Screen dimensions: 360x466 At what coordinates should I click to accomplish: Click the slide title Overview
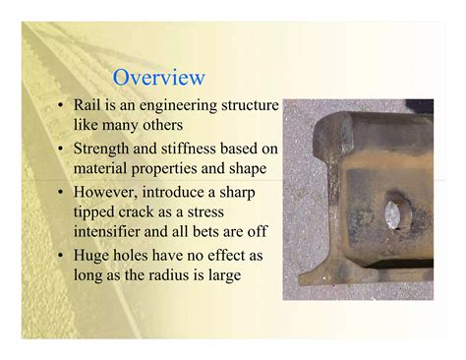[158, 78]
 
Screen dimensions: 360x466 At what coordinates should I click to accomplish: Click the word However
[110, 193]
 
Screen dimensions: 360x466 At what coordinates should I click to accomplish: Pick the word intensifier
[112, 232]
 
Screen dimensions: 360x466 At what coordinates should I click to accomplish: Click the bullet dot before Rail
[62, 105]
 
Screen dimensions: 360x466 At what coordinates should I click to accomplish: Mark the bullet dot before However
[62, 193]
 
